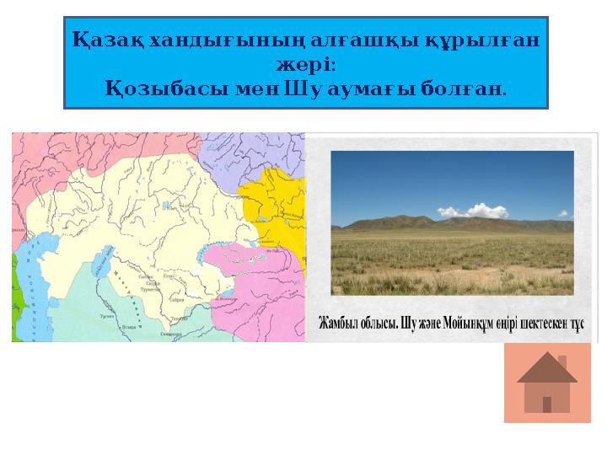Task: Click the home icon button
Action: pyautogui.click(x=547, y=383)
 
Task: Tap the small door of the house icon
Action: pyautogui.click(x=547, y=404)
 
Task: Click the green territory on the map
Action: pyautogui.click(x=15, y=295)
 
